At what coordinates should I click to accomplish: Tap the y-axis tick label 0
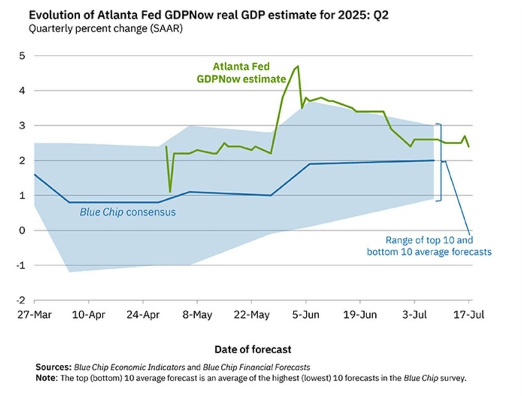[23, 230]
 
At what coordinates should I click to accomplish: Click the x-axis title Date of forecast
[253, 349]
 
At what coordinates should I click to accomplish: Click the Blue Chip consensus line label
[128, 212]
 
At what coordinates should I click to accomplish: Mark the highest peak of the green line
[298, 66]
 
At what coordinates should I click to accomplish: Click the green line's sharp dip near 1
[170, 191]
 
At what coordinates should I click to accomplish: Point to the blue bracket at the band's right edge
[441, 162]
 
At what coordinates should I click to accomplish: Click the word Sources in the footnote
[52, 368]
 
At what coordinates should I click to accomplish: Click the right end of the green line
[470, 146]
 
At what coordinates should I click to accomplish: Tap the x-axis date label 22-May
[252, 315]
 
